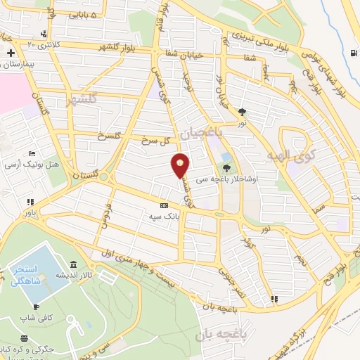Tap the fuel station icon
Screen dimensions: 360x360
coord(352,52)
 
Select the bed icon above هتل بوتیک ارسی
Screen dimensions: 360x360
coord(31,153)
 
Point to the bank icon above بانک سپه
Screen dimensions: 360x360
coord(164,206)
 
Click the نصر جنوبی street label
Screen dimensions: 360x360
coord(232,281)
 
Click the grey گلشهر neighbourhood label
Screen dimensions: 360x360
coord(80,101)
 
